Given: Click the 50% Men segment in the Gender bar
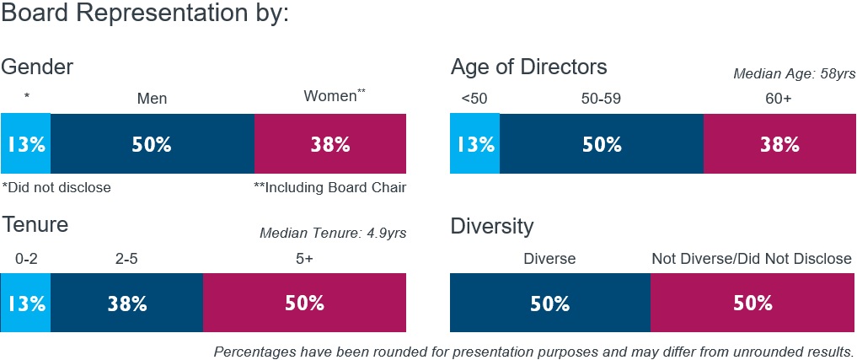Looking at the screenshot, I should point(152,144).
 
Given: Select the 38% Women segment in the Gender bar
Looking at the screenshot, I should point(329,144).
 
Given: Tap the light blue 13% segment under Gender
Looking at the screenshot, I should point(25,144).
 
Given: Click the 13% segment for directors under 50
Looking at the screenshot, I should point(475,144).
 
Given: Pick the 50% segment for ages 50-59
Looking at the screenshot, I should point(602,144).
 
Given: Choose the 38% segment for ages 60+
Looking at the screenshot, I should point(779,144).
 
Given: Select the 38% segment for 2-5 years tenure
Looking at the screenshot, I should point(126,304).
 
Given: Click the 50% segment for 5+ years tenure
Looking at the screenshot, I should point(304,304).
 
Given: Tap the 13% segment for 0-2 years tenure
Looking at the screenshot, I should point(25,304).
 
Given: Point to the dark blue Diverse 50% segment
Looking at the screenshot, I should point(550,304).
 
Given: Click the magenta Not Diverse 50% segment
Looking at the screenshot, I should point(753,304).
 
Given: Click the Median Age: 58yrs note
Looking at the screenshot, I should point(794,74).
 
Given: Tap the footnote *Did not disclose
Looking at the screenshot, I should point(56,187).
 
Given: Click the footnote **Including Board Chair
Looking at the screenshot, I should point(329,187).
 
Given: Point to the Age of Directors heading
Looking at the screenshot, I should point(528,67).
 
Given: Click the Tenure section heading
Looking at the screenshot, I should point(35,226).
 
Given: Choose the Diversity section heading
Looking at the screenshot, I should point(492,226).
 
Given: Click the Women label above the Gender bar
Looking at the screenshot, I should point(333,97).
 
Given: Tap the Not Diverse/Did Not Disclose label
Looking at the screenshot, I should point(752,259).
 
